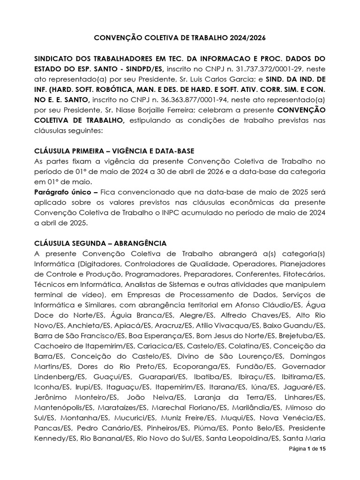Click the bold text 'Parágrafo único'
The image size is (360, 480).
[x=61, y=192]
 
